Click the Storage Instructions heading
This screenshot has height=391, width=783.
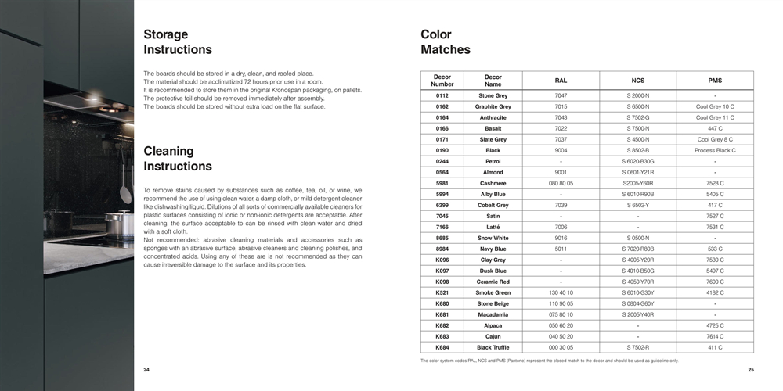coord(178,42)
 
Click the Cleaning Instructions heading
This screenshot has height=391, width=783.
coord(178,159)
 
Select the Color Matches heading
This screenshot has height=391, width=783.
coord(446,42)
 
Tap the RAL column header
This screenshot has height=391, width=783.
coord(561,81)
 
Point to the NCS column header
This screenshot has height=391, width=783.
coord(638,81)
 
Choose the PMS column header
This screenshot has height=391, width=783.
coord(715,81)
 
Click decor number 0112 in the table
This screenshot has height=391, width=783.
coord(442,95)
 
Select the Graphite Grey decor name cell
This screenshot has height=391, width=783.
coord(493,106)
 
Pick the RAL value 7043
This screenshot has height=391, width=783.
coord(561,117)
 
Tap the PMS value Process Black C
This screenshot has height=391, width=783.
coord(715,150)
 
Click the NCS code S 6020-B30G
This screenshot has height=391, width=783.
coord(638,161)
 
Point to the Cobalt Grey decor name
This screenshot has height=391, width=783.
coord(493,205)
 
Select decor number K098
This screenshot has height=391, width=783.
coord(442,282)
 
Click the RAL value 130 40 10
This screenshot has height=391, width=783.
coord(561,292)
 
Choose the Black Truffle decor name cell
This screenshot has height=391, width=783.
coord(493,347)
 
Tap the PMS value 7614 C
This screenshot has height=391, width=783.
coord(715,336)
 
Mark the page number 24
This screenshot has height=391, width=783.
coord(146,370)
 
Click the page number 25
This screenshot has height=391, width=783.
coord(751,370)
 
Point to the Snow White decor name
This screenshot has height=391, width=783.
coord(493,238)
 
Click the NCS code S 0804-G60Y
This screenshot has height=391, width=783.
coord(638,303)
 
